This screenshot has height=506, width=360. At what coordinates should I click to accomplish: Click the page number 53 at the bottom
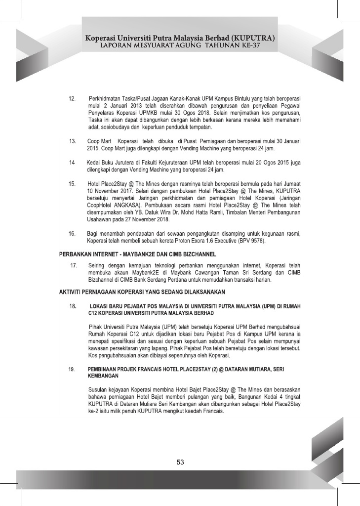(x=180, y=463)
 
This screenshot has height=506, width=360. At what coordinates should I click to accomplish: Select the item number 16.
(x=72, y=232)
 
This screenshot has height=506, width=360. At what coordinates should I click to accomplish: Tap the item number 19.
(x=72, y=369)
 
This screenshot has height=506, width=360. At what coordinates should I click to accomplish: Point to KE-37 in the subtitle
(x=251, y=45)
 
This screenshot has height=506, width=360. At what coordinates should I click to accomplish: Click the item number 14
(x=72, y=163)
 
